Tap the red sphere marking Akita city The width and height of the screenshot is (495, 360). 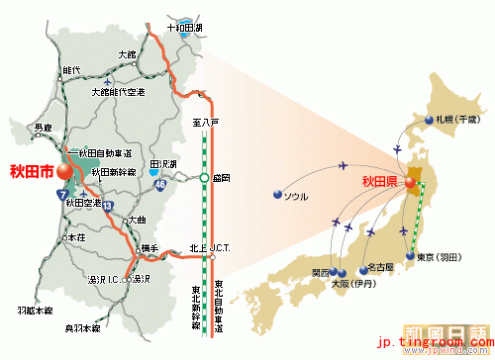(x=65, y=170)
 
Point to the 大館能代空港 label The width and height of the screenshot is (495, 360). (x=118, y=92)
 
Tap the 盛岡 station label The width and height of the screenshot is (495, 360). (x=222, y=179)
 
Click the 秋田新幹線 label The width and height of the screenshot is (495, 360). (x=110, y=171)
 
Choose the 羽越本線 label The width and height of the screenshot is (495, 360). (x=32, y=310)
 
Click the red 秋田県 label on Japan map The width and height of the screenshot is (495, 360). (x=379, y=181)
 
